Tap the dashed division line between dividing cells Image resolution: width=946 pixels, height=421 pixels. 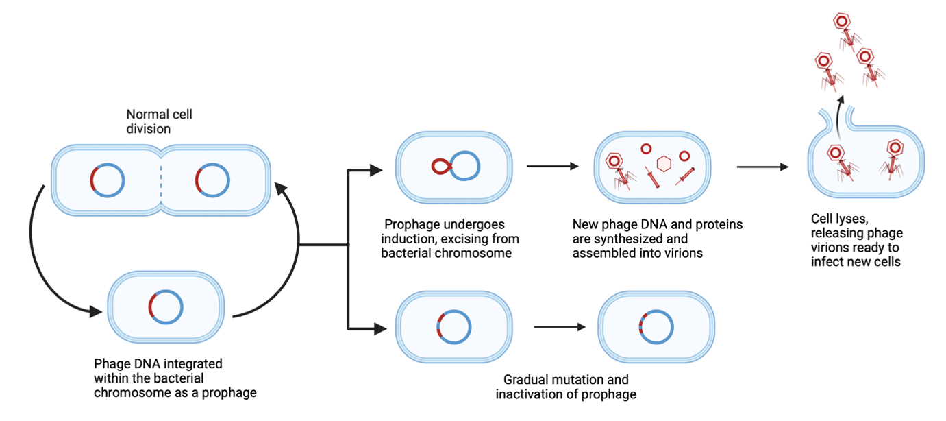click(162, 182)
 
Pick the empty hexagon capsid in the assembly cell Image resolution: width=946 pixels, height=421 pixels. click(663, 164)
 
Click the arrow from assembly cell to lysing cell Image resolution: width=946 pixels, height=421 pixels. click(762, 166)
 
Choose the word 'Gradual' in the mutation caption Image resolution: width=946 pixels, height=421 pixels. click(525, 379)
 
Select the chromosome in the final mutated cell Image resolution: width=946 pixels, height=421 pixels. click(656, 326)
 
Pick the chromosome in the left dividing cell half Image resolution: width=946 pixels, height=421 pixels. click(108, 181)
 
